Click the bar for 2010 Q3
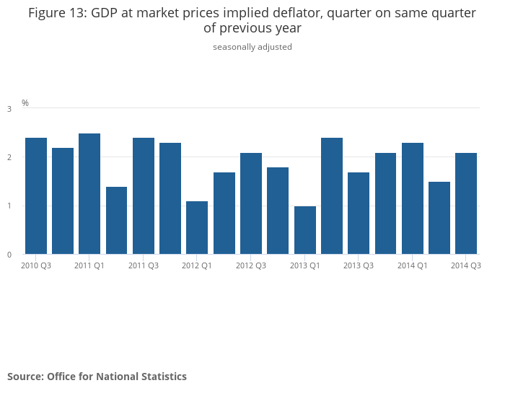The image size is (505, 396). tap(36, 195)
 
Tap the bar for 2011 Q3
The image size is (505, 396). tap(144, 195)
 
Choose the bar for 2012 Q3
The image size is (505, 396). tap(251, 203)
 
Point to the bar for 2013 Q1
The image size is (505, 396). tap(304, 230)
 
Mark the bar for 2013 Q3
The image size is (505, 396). tap(359, 213)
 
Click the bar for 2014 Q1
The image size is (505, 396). tap(413, 198)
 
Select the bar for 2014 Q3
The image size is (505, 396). tap(466, 203)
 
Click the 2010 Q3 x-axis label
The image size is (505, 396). tap(36, 265)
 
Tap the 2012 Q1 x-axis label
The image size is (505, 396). tap(197, 265)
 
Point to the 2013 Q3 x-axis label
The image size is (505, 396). tap(359, 265)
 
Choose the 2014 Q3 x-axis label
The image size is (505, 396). tap(466, 265)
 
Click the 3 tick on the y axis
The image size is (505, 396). tap(9, 109)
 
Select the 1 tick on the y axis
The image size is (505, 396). tap(9, 206)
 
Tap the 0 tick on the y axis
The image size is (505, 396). tap(9, 255)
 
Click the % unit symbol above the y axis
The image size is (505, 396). tap(25, 103)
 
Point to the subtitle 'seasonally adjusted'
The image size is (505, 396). tap(252, 47)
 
